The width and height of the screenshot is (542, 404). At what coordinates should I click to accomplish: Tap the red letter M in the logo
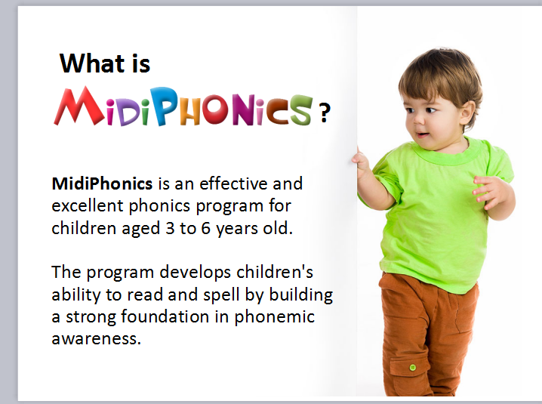pos(79,106)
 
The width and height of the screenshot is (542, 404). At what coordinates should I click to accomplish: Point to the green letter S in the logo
pos(300,110)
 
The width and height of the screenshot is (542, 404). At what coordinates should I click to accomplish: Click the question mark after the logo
pos(325,113)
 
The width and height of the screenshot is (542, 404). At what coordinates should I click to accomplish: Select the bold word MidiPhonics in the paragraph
pos(102,183)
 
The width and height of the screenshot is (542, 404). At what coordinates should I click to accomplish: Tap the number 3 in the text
pos(170,228)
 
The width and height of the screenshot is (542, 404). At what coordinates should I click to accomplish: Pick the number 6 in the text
pos(205,228)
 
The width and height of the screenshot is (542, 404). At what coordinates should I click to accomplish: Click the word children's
pos(275,272)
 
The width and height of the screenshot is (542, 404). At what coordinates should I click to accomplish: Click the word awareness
pos(96,338)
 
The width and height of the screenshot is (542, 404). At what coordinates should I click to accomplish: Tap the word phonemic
pos(275,317)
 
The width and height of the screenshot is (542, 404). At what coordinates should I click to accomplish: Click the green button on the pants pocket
pos(412,367)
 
